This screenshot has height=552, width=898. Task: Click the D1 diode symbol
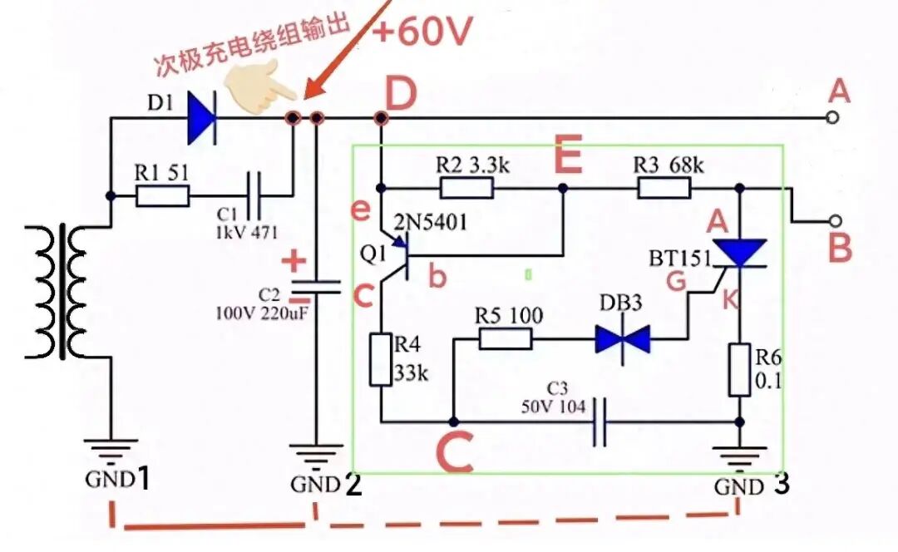(x=202, y=119)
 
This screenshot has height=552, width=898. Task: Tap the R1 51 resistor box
(x=162, y=196)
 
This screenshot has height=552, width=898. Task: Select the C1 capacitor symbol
(x=254, y=196)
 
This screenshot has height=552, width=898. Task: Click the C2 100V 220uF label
(x=261, y=304)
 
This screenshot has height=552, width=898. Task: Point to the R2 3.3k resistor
(x=466, y=188)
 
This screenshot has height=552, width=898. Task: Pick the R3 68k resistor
(x=664, y=188)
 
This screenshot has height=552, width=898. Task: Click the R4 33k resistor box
(x=380, y=360)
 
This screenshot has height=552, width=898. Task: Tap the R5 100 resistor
(x=506, y=339)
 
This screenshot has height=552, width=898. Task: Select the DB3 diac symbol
(x=623, y=339)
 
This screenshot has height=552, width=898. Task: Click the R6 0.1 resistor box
(x=739, y=369)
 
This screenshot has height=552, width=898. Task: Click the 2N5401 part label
(x=430, y=222)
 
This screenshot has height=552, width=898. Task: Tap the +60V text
(x=422, y=31)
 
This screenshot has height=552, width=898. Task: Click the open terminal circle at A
(x=833, y=117)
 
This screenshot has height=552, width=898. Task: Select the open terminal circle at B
(x=836, y=220)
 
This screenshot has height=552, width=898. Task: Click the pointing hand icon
(x=259, y=90)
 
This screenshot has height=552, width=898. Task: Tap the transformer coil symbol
(x=57, y=292)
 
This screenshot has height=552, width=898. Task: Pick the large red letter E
(x=568, y=155)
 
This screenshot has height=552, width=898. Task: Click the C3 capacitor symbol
(x=599, y=422)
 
